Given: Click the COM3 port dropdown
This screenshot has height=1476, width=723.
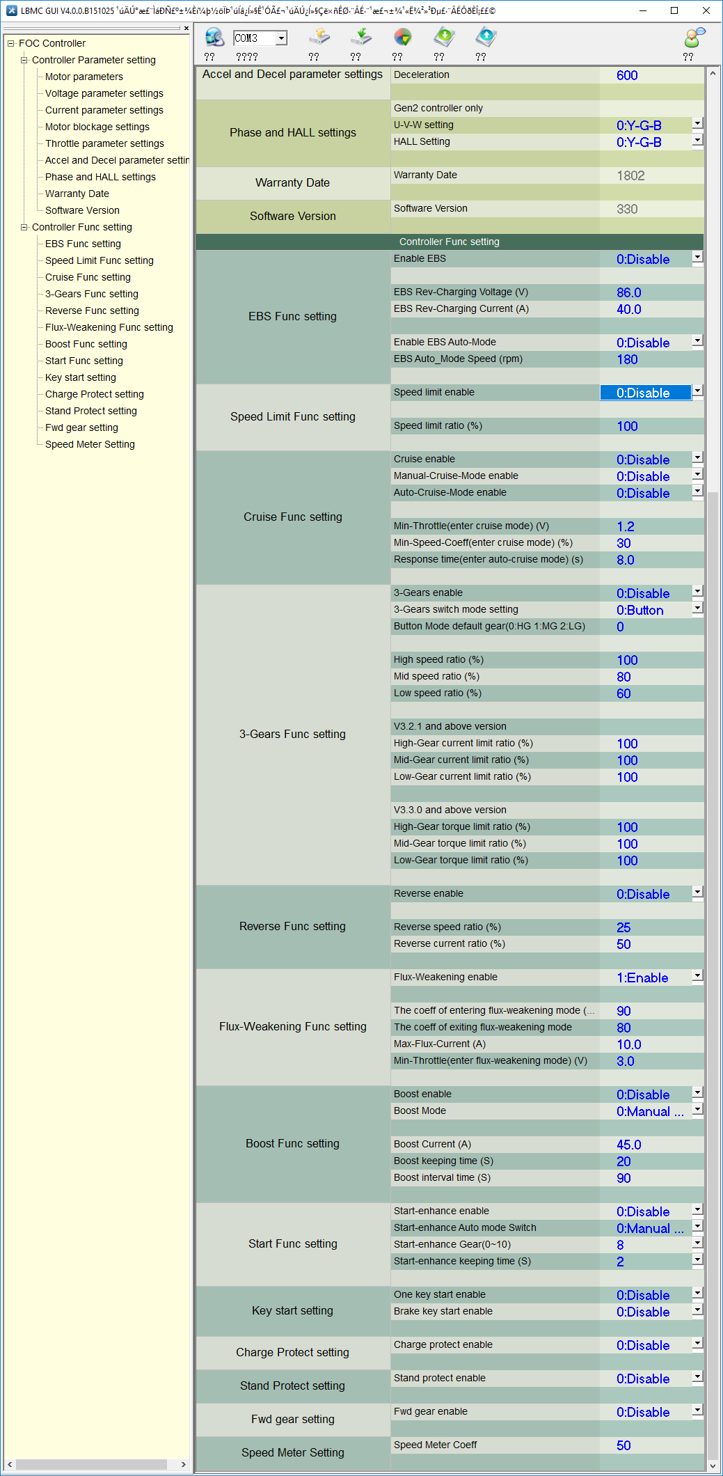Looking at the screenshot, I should tap(260, 38).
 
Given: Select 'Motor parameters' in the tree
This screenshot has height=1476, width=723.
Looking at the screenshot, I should tap(84, 77).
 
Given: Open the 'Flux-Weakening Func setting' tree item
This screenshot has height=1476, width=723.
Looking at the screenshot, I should tap(109, 327).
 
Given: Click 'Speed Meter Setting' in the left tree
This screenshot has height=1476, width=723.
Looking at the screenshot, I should tap(90, 444).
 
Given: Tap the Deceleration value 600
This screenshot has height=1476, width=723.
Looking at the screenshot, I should tap(627, 75).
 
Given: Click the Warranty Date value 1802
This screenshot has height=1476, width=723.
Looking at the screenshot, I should tap(630, 175).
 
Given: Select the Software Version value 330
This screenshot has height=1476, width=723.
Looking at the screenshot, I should tap(627, 209).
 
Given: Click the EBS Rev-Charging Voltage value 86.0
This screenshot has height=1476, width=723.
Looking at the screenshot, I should tap(628, 292).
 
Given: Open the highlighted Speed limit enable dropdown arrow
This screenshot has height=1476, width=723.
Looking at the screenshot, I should tap(697, 391).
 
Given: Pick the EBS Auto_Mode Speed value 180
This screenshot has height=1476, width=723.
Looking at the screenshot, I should tap(627, 359).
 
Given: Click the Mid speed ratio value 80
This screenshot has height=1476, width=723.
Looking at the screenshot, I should tap(623, 677).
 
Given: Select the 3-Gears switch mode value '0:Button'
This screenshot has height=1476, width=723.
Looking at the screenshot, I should tap(639, 610).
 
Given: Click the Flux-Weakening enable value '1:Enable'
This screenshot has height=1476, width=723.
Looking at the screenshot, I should tap(642, 978).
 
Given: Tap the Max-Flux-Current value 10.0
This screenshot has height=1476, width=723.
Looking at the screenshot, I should tap(628, 1044).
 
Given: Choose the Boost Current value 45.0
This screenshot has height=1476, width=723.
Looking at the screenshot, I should tap(628, 1145).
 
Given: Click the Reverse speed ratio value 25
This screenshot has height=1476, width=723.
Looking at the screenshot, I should tap(623, 927).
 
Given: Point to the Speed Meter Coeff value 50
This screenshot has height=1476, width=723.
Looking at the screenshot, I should tap(623, 1445).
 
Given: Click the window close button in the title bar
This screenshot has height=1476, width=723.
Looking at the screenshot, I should tap(706, 10).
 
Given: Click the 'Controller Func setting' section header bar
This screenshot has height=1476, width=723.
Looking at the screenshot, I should tap(450, 242).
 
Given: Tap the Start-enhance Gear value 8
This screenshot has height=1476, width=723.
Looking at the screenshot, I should tap(620, 1245).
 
